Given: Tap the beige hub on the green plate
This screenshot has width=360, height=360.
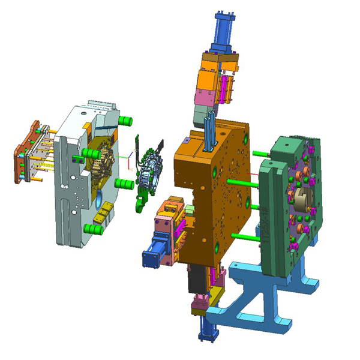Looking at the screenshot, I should point(300,196).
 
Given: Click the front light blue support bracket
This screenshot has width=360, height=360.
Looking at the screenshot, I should point(252,306).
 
